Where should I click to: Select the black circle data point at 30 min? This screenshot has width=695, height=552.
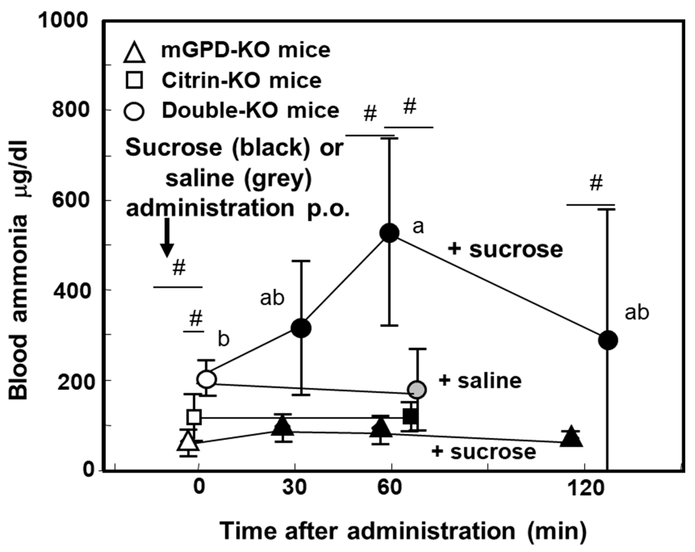pyautogui.click(x=301, y=328)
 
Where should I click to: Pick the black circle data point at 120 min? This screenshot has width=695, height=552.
pyautogui.click(x=608, y=340)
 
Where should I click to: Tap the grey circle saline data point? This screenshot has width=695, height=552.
pyautogui.click(x=417, y=390)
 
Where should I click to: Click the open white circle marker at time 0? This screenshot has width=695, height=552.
pyautogui.click(x=206, y=379)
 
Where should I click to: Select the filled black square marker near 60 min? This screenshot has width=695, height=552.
pyautogui.click(x=411, y=416)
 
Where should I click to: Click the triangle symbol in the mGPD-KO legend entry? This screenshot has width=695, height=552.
pyautogui.click(x=134, y=53)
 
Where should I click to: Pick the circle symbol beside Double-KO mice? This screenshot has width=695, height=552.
pyautogui.click(x=134, y=112)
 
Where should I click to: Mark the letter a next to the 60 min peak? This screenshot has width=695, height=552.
pyautogui.click(x=418, y=227)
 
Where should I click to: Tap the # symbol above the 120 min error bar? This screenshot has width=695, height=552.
pyautogui.click(x=596, y=183)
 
